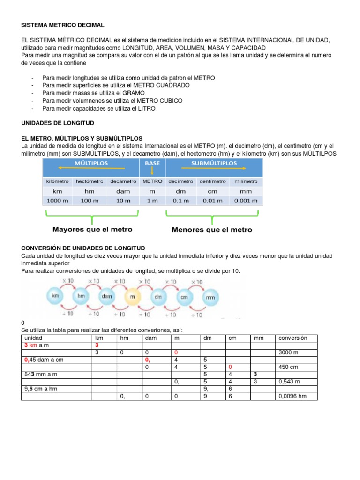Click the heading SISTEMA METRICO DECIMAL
click(63, 24)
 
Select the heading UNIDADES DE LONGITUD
click(58, 123)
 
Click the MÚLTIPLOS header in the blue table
click(91, 163)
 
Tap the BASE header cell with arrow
click(152, 166)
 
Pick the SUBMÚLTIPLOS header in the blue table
click(214, 163)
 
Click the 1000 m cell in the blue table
click(57, 201)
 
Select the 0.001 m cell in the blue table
click(246, 201)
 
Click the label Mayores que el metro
click(92, 230)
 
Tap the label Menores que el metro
click(212, 230)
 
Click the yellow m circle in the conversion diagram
click(133, 296)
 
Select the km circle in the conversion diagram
click(56, 296)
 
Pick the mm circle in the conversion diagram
click(210, 297)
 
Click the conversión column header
click(292, 338)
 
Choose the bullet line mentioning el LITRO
click(98, 108)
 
